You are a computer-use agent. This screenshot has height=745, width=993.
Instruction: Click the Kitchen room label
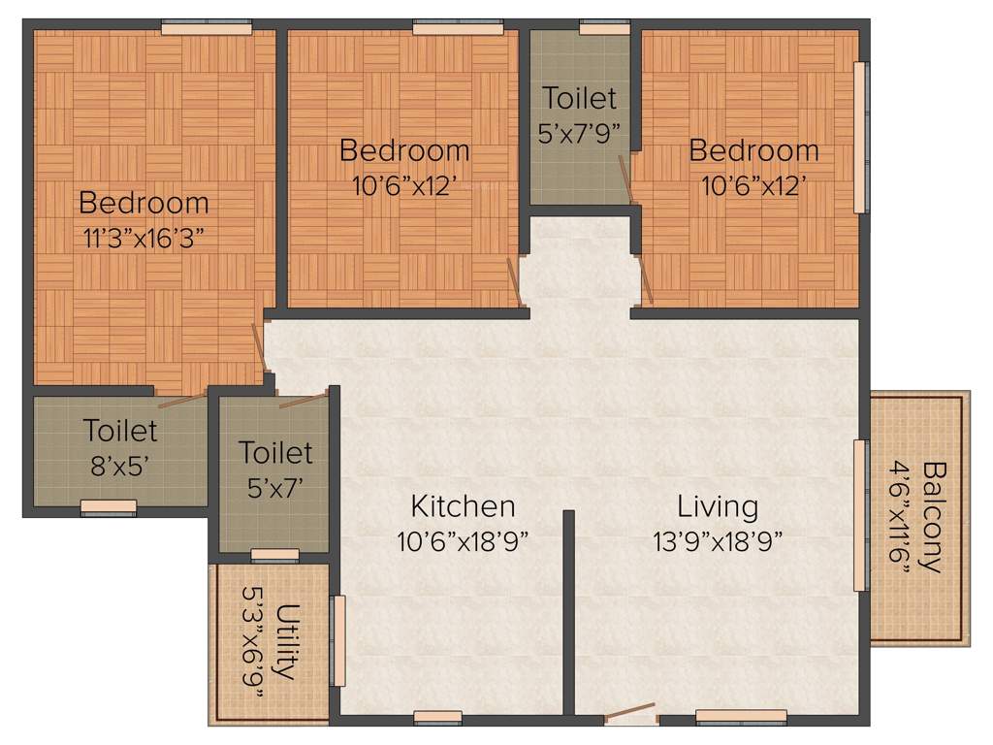tap(463, 506)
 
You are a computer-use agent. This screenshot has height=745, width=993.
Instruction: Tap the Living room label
tap(718, 506)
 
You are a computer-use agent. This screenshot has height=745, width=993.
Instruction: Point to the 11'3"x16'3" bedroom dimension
tap(144, 236)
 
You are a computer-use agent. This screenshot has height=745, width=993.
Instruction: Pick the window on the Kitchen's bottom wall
tap(437, 718)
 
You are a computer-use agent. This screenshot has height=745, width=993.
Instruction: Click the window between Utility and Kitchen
tap(338, 641)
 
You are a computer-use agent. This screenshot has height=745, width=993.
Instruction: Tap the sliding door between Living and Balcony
tap(859, 515)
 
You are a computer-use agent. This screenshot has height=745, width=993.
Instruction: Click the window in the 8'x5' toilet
tap(108, 505)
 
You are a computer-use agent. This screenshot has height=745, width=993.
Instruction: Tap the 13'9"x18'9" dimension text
tap(718, 540)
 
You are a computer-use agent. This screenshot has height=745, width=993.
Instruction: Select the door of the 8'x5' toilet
tap(181, 399)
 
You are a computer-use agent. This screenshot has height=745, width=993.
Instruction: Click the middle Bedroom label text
tap(404, 151)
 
